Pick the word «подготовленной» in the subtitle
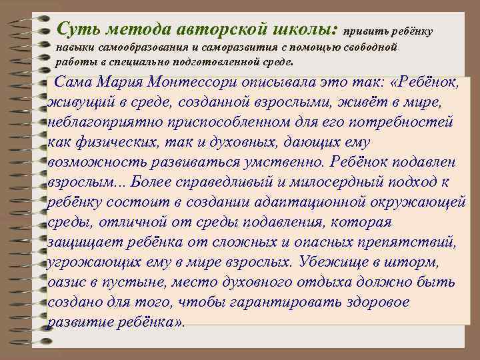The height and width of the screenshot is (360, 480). pos(217,63)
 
